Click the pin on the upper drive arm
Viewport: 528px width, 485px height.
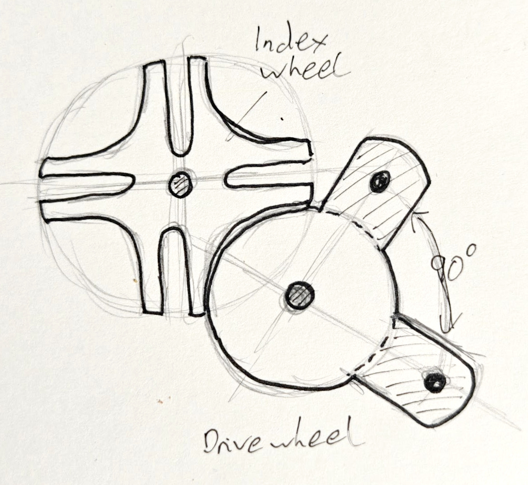380,182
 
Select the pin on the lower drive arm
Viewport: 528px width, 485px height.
434,380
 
